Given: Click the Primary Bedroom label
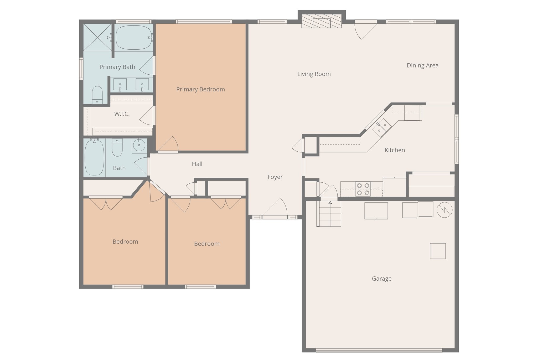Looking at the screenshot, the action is click(200, 89).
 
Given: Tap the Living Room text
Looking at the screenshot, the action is click(314, 74).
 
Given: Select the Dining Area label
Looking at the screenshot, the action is click(423, 65).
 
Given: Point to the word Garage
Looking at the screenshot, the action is click(382, 279).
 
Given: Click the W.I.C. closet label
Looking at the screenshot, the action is click(122, 114).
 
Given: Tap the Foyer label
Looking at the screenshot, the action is click(275, 177).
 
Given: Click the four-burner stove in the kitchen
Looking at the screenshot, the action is click(363, 189).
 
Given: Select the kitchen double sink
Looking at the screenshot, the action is click(382, 127).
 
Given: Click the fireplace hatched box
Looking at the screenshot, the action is click(322, 21).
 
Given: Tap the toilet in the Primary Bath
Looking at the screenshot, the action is click(97, 95).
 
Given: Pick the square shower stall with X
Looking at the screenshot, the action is click(97, 37).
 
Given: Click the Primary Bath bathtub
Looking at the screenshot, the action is click(134, 38).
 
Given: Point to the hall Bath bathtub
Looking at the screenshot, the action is click(94, 157).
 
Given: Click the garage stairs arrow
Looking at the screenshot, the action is click(330, 213).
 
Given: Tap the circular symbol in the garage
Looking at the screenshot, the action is click(444, 210).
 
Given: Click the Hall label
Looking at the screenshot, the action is click(197, 164).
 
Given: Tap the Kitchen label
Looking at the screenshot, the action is click(395, 150).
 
